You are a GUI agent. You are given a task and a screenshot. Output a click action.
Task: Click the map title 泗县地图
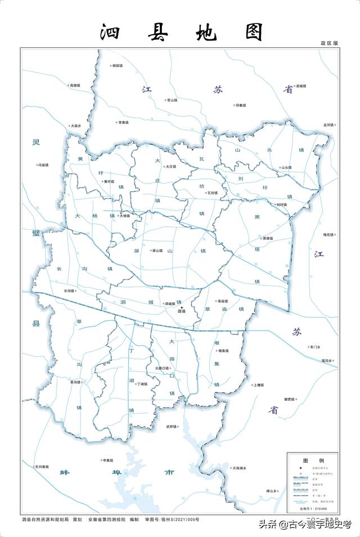181,32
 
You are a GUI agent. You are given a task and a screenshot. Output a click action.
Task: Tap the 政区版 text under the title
330,43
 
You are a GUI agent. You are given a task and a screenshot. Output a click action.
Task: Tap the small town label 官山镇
171,100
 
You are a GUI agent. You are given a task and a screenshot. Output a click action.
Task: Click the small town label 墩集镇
222,351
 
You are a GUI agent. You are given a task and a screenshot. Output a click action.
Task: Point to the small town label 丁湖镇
141,384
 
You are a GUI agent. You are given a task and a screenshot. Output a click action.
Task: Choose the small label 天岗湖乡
238,468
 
